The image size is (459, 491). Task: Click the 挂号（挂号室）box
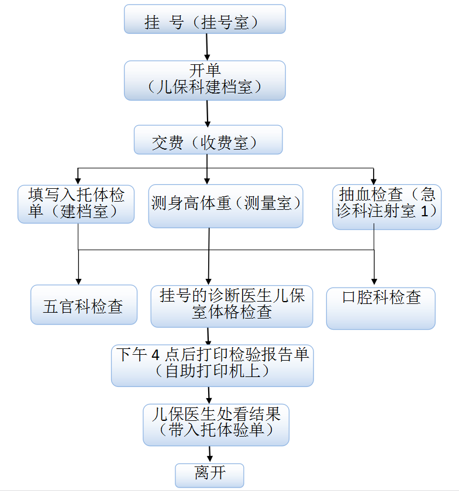205,19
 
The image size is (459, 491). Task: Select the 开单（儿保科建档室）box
205,80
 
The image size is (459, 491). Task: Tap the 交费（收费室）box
208,140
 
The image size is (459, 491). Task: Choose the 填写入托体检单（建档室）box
75,204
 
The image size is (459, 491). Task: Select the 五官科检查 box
84,305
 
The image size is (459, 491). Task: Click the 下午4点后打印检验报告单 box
212,365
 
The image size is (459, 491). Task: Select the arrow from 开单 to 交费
208,113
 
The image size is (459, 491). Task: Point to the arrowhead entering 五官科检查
78,281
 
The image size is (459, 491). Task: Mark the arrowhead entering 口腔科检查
374,282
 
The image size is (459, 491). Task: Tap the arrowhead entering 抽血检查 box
374,179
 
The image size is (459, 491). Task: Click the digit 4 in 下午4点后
156,354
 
